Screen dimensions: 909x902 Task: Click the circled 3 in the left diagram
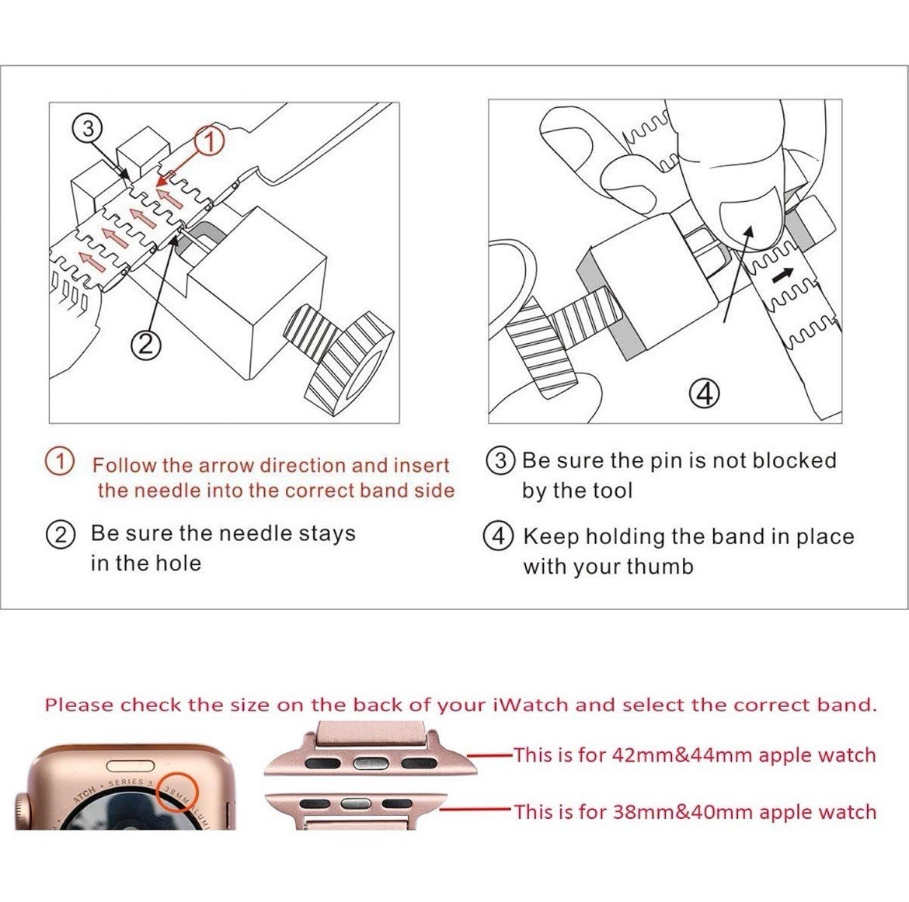[x=88, y=128]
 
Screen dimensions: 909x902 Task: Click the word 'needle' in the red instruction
[x=170, y=491]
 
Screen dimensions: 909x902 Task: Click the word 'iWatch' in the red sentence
[x=529, y=705]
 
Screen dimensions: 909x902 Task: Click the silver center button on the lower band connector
[x=355, y=803]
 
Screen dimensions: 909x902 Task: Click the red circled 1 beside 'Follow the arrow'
[x=60, y=462]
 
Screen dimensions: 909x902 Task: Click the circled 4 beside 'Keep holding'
[x=499, y=536]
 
